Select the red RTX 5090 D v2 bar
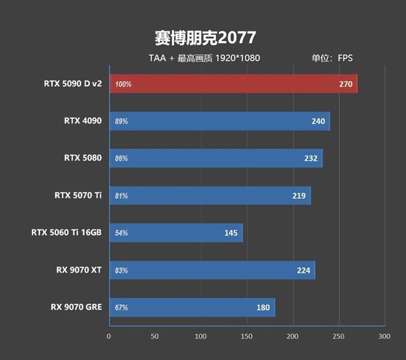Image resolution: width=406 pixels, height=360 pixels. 233,84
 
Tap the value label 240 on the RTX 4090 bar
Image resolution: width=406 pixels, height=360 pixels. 318,121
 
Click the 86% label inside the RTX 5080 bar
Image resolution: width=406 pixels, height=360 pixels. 121,159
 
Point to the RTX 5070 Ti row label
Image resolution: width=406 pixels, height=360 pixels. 78,196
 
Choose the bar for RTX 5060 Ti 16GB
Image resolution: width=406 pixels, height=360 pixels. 176,233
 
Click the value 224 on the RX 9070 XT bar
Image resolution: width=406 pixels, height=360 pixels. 303,270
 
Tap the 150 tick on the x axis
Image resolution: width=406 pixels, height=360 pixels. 247,337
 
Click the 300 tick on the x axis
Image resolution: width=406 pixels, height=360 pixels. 384,337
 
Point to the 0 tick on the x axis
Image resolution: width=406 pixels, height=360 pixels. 109,337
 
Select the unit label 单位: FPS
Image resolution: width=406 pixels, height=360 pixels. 333,58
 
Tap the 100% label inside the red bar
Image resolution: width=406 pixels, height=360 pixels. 123,84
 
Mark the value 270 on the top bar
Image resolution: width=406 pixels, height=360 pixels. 346,84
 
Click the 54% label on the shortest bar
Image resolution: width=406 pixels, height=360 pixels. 121,233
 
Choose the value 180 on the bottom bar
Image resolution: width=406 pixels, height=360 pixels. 263,308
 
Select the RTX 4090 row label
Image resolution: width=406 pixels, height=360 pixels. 83,121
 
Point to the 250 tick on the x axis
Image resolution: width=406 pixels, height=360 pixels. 338,337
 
